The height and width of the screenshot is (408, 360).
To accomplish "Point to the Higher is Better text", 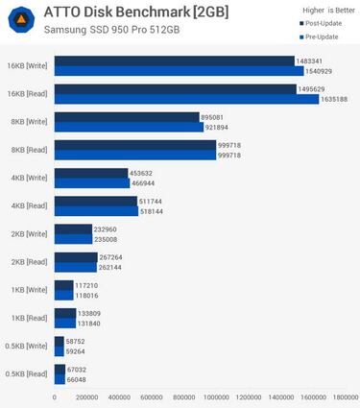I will (x=317, y=10).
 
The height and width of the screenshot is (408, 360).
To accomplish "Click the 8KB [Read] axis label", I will (x=28, y=150).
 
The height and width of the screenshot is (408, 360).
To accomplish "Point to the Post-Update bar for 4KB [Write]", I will (x=91, y=173).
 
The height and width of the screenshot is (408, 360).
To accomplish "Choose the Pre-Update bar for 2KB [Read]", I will (x=76, y=267).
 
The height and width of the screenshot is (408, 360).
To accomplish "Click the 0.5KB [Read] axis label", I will (x=26, y=372).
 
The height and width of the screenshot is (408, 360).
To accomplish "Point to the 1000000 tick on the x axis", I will (x=217, y=396).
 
